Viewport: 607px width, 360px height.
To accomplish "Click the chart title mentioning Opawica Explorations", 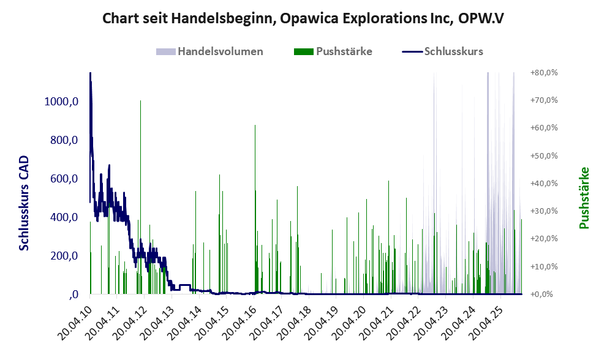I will tap(303, 18).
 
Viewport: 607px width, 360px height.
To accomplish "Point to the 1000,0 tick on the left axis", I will tap(61, 102).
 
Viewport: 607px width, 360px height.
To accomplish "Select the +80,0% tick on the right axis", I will tap(543, 72).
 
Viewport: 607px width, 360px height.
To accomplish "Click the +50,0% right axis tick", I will tap(543, 156).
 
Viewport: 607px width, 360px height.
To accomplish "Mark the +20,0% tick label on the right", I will tap(543, 239).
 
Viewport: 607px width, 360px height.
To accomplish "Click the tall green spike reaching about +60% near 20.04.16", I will tap(255, 129).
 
